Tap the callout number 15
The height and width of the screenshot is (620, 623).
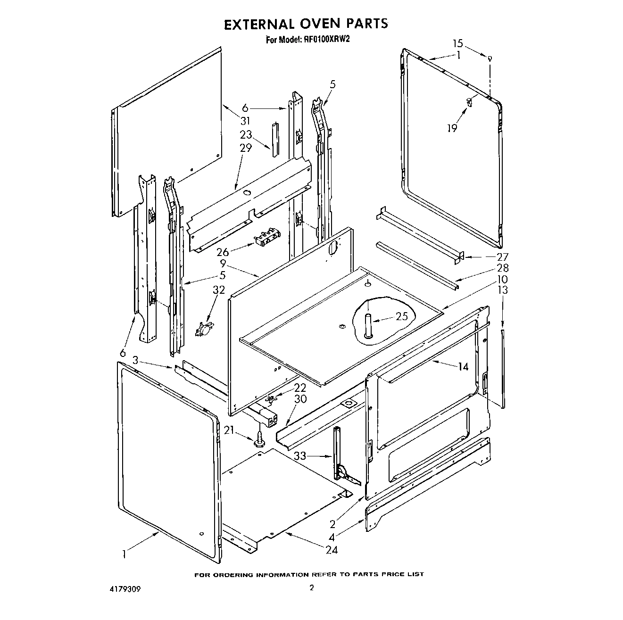click(x=458, y=44)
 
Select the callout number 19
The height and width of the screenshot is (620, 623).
click(x=452, y=127)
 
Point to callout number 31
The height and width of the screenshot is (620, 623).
click(x=245, y=121)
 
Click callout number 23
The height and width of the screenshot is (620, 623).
click(x=246, y=135)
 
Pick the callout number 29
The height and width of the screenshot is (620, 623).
click(x=246, y=148)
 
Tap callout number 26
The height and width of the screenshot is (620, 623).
click(x=223, y=252)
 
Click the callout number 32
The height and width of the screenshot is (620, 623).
click(x=218, y=289)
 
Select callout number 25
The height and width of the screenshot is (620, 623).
click(x=401, y=316)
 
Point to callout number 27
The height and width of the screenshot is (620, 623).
click(x=503, y=257)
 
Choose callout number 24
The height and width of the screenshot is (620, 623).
click(x=332, y=549)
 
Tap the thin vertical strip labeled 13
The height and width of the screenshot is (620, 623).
click(x=504, y=368)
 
